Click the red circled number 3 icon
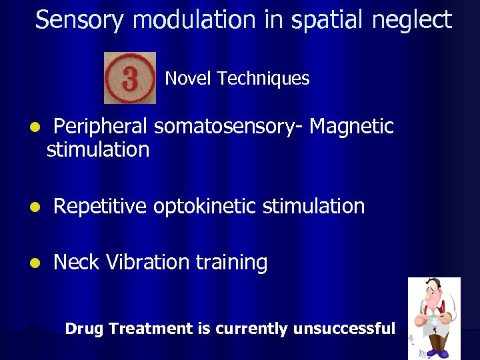(130, 78)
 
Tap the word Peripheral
(101, 126)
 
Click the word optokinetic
(205, 207)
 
